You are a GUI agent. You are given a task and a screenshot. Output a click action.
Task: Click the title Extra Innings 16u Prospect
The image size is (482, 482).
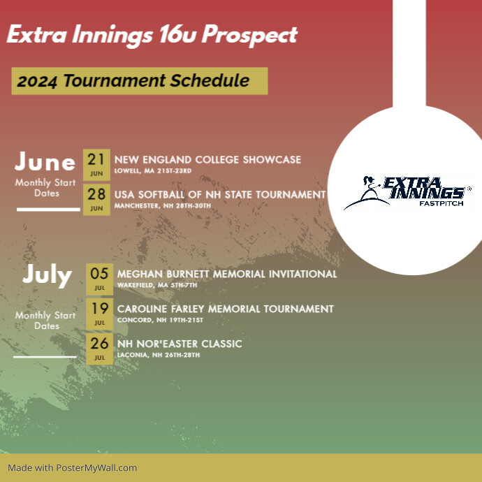[x=152, y=35]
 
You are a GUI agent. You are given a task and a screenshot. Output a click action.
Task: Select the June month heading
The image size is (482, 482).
[x=45, y=162]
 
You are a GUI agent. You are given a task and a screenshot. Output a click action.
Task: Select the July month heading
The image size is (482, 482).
[x=47, y=275]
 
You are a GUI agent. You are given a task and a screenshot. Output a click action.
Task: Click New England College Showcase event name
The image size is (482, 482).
[x=207, y=159]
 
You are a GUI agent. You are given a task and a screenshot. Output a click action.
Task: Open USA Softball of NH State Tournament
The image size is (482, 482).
[x=220, y=194]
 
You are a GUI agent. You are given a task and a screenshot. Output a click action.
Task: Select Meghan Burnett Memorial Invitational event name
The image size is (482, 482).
[x=227, y=274]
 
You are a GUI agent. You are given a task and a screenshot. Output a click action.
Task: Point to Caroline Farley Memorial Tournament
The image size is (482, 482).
[x=225, y=309]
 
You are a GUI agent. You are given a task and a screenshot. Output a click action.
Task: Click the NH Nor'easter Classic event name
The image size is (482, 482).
[x=180, y=344]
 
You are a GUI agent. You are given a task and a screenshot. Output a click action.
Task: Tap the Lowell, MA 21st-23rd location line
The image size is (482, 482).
[x=152, y=170]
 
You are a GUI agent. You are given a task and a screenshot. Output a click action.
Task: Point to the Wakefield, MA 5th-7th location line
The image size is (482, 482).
[x=157, y=285]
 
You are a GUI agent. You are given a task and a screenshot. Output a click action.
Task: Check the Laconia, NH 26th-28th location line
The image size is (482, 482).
[x=159, y=355]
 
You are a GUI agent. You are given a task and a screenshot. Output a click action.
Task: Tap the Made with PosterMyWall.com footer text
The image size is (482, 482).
[x=73, y=468]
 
